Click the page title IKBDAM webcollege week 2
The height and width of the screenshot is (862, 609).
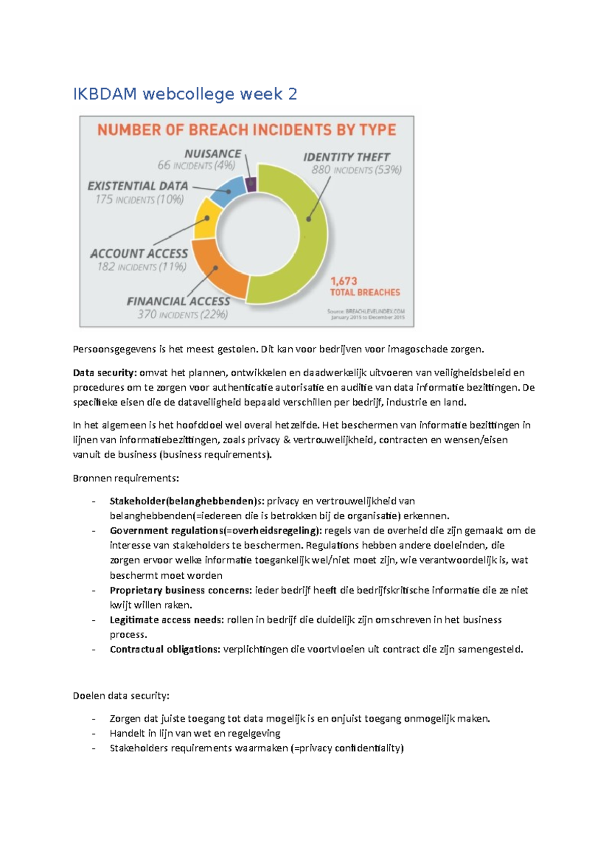click(185, 94)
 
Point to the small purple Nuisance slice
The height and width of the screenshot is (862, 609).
click(251, 184)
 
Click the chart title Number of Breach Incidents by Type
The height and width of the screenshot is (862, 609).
click(247, 130)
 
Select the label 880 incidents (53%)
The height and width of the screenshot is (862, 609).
click(356, 170)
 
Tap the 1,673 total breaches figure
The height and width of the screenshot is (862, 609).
click(364, 286)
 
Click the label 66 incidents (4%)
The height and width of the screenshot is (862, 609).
click(196, 165)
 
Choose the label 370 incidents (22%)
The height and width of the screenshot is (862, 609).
click(183, 314)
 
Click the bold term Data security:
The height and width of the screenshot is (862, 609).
click(105, 373)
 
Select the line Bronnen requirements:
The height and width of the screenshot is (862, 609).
click(125, 478)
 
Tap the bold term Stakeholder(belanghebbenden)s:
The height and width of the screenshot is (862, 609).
click(187, 501)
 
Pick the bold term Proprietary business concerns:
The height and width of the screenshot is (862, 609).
click(181, 590)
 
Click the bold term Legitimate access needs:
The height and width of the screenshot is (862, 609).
click(166, 619)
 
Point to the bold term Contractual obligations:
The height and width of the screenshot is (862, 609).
click(165, 649)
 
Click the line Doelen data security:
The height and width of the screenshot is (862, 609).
click(121, 695)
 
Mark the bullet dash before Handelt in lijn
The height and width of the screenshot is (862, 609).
click(94, 734)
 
